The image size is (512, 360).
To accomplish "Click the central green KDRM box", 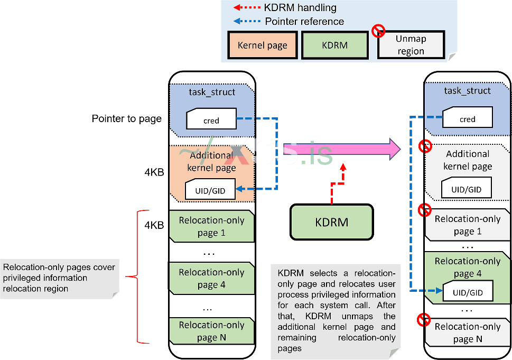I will point(331,222).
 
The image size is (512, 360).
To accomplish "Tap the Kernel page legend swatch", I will point(262,45).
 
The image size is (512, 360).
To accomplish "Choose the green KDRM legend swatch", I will point(334,45).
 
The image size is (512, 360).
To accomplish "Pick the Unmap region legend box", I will point(411,45).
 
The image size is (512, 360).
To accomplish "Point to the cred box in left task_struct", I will point(211,120).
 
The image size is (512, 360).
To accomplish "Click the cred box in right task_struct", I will point(467,119).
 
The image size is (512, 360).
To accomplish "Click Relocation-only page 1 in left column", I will point(211,226).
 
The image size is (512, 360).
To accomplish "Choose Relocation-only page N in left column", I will point(211,331).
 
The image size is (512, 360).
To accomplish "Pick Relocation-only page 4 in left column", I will point(211,279).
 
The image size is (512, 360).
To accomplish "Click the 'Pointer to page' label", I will point(127,118).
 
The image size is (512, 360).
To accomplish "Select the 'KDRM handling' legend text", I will point(300,8).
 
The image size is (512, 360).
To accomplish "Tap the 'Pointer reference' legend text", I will point(304,22).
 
